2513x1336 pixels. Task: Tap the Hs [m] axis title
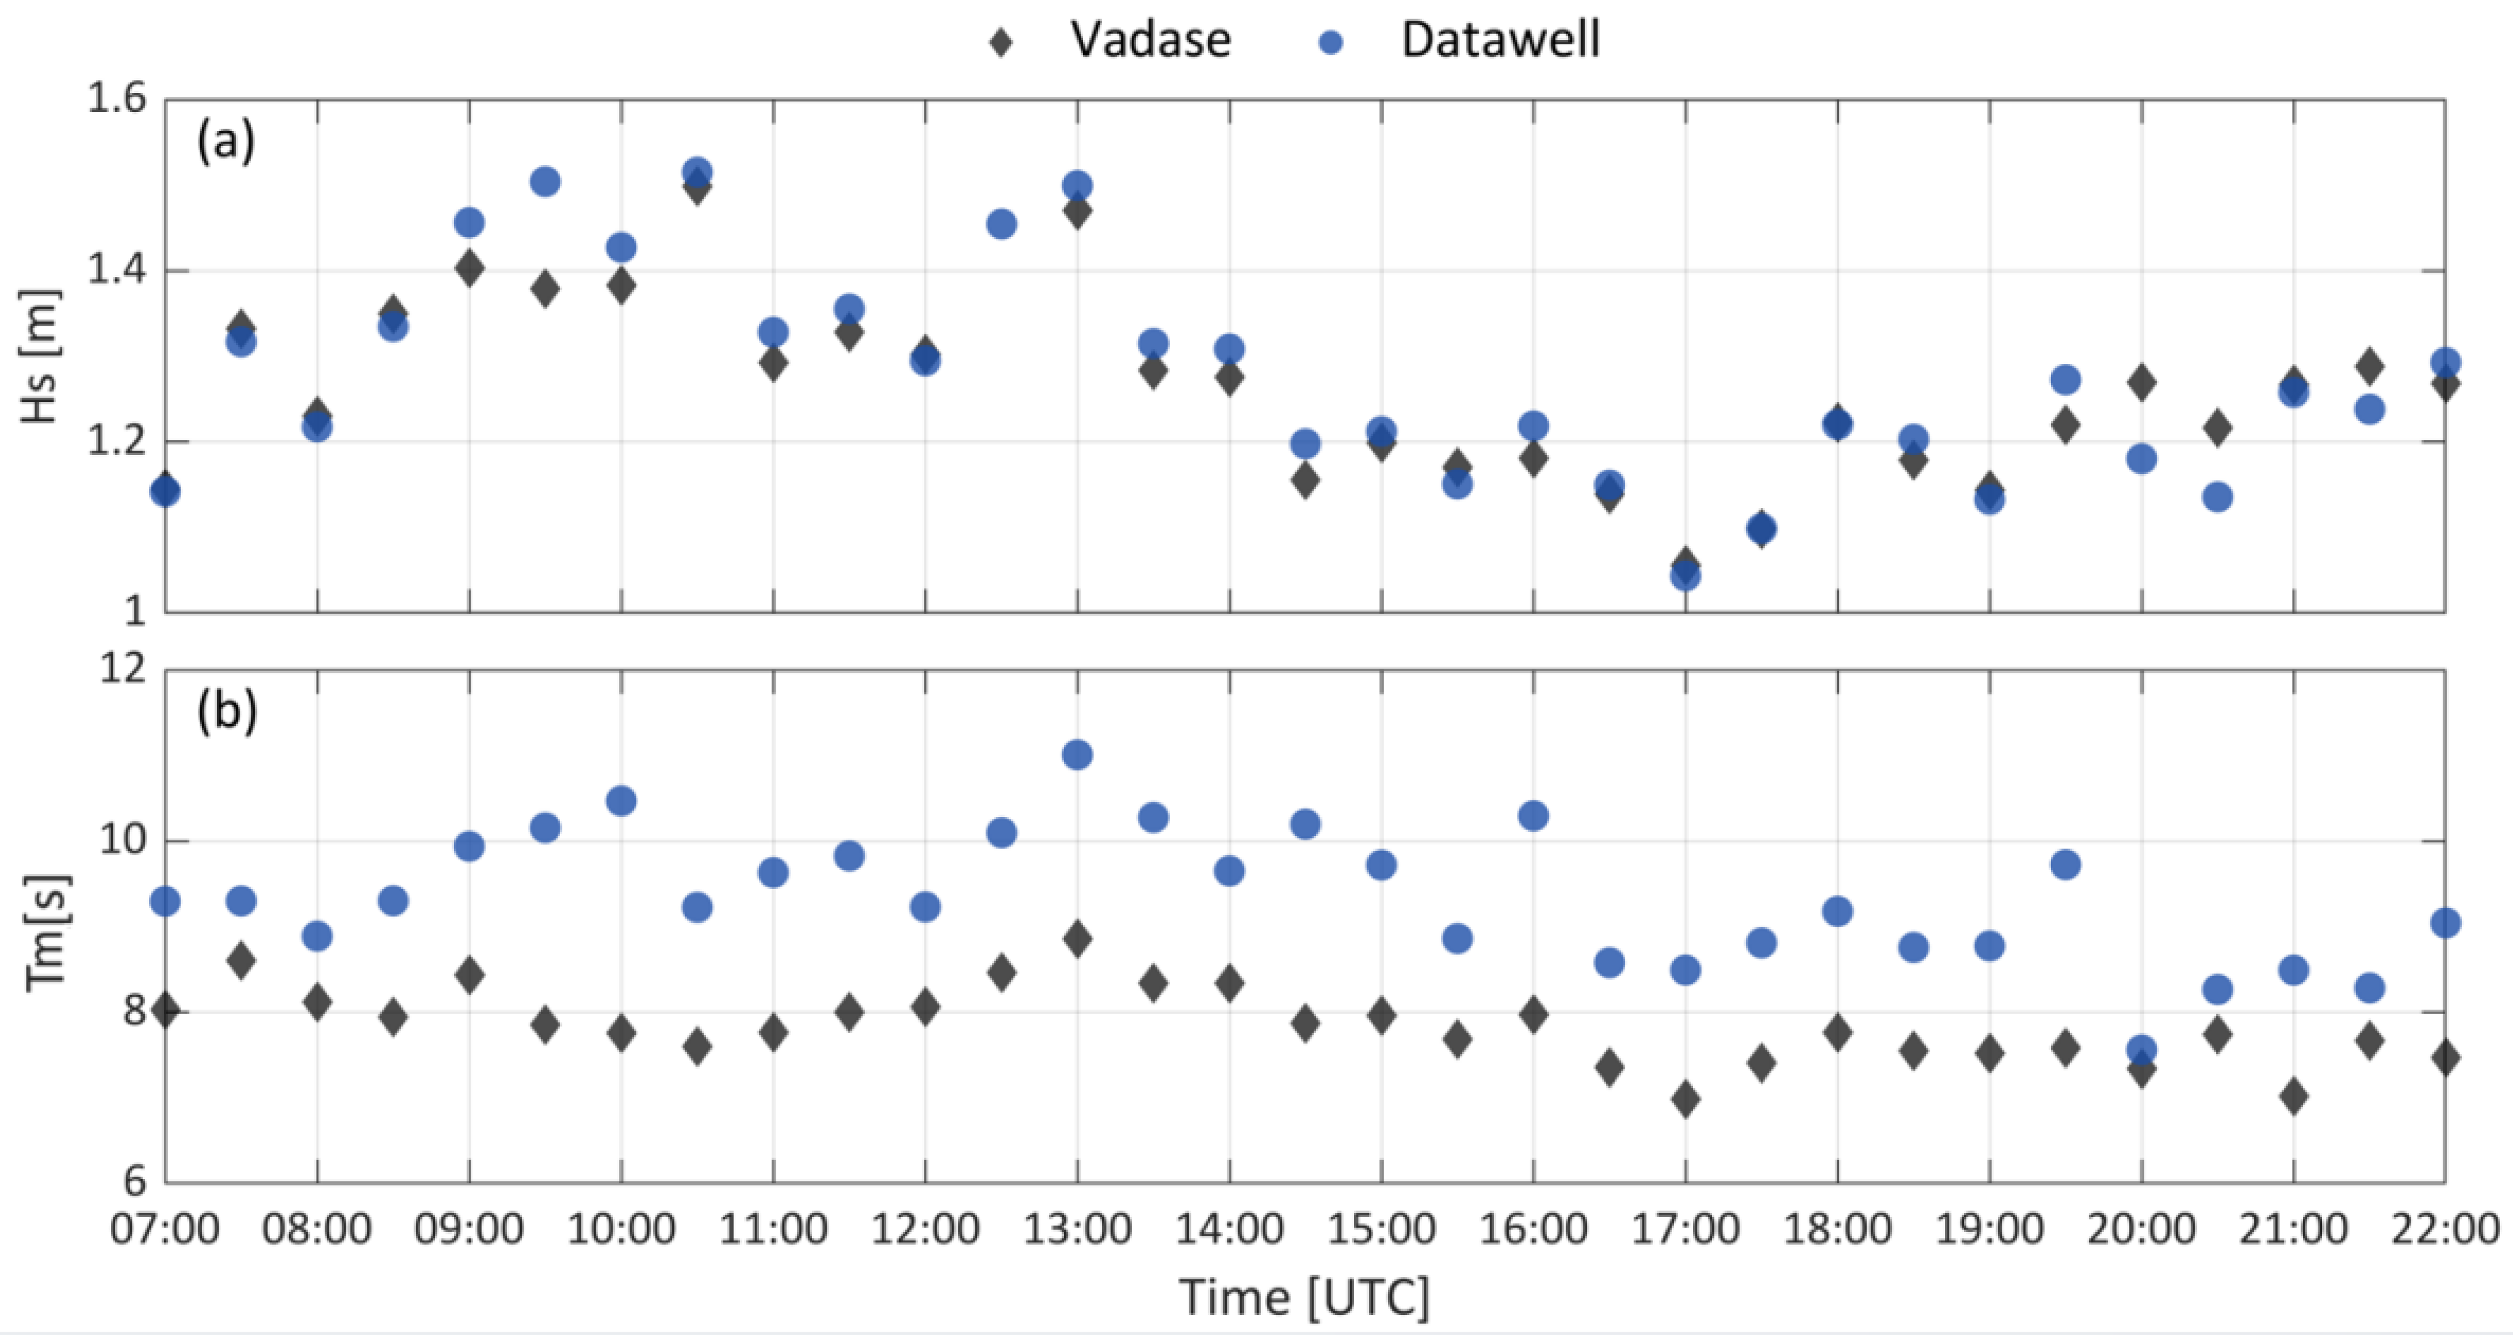point(42,355)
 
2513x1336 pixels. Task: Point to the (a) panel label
point(225,142)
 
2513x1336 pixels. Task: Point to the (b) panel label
point(226,711)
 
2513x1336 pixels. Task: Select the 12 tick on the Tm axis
point(123,669)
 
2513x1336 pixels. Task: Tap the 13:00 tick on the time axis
point(1077,1229)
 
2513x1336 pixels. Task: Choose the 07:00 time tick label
point(165,1229)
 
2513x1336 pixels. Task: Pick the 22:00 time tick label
point(2445,1229)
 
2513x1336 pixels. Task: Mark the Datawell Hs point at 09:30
point(545,182)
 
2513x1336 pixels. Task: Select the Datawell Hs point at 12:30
point(1001,224)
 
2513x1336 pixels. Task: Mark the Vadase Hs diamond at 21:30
point(2369,367)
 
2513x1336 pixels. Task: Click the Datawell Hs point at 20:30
point(2217,497)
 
